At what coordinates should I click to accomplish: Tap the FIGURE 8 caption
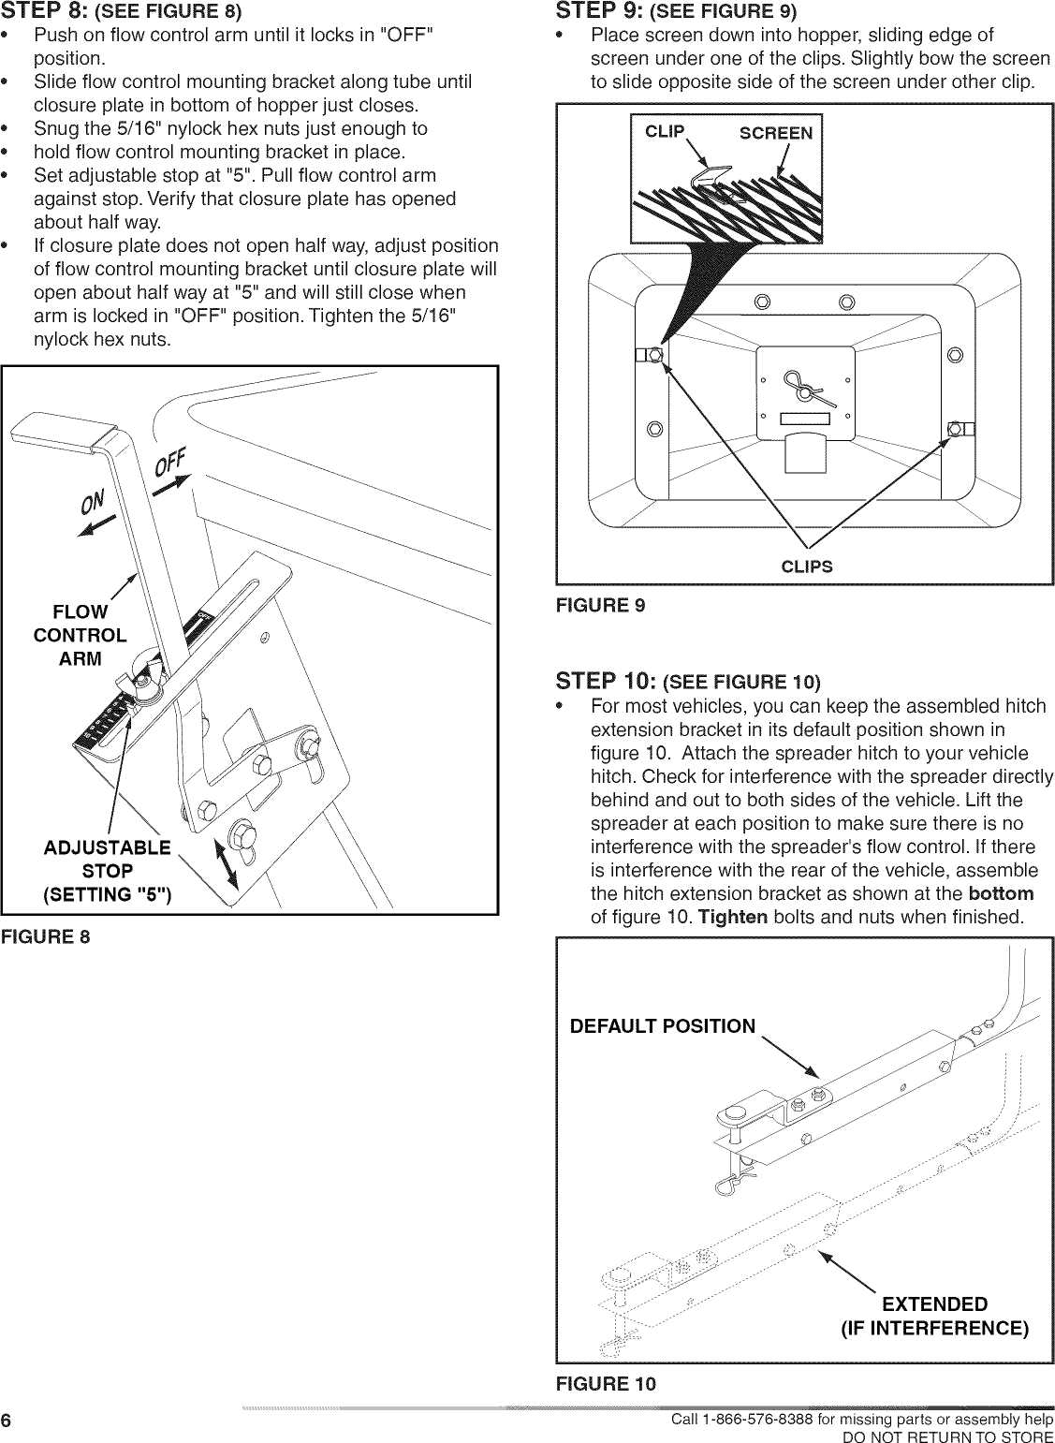(46, 935)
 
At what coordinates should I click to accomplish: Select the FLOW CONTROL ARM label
(80, 635)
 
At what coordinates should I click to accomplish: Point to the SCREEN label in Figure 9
(775, 133)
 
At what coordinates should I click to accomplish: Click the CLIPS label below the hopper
(806, 566)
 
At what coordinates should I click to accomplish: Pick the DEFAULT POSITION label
(662, 1025)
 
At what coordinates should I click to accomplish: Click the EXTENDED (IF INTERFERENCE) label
(934, 1316)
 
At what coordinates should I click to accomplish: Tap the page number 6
(7, 1421)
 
